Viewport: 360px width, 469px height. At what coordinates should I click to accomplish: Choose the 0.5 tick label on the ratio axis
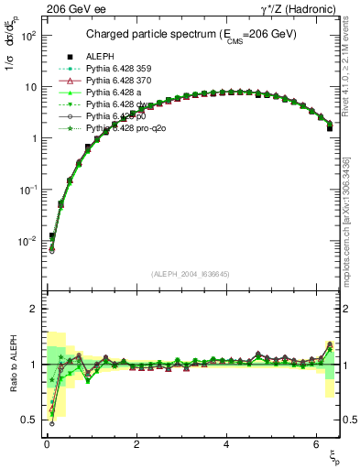click(28, 420)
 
